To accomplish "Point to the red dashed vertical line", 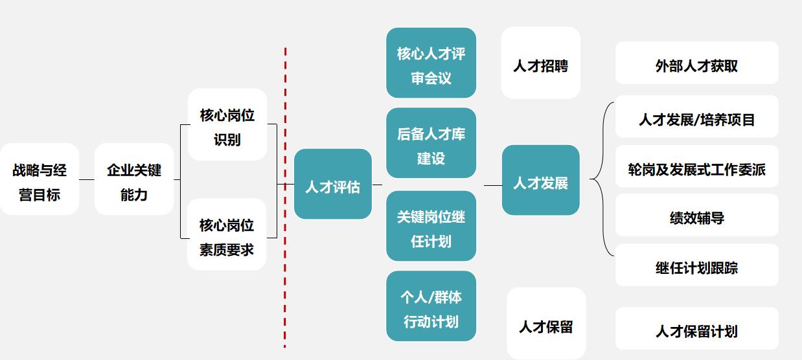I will pos(285,194).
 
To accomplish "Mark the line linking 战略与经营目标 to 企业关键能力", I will pos(87,180).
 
